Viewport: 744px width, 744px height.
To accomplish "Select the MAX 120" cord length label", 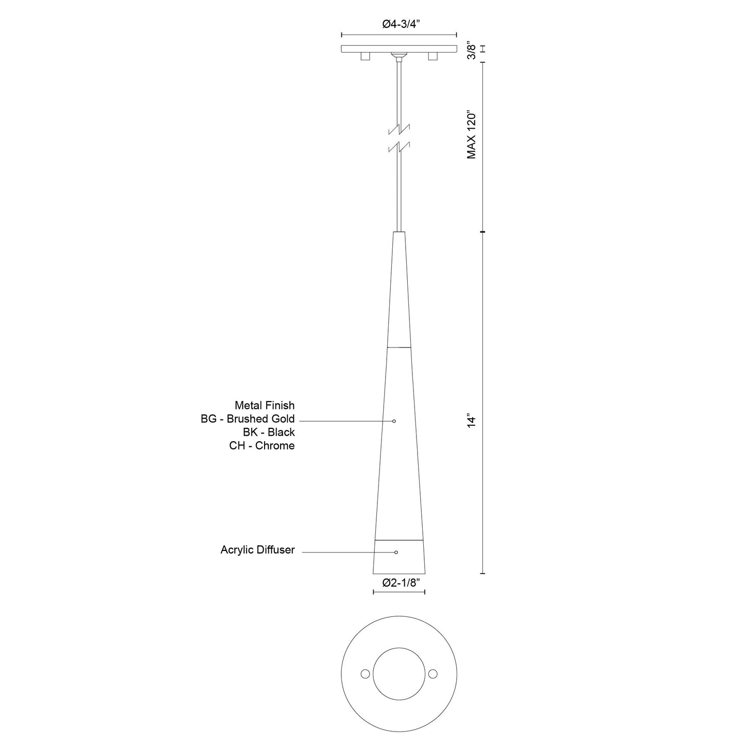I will point(472,134).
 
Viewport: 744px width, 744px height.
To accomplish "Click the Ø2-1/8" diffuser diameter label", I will point(399,583).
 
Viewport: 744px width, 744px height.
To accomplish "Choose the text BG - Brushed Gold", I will point(248,419).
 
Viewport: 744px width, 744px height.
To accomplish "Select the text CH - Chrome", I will point(262,446).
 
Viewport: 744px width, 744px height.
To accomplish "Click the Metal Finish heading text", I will point(265,406).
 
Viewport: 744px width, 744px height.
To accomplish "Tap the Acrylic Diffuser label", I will point(257,550).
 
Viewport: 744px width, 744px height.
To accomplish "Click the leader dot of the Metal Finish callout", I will point(394,421).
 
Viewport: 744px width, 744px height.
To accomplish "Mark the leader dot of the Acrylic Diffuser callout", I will point(396,552).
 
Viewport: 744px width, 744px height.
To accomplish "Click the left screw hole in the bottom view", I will point(365,674).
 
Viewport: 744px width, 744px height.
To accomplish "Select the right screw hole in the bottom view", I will point(432,674).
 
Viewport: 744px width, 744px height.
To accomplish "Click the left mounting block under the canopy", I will point(366,56).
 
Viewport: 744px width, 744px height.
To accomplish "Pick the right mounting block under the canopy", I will point(432,56).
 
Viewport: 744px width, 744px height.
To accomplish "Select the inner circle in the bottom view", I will point(399,674).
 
